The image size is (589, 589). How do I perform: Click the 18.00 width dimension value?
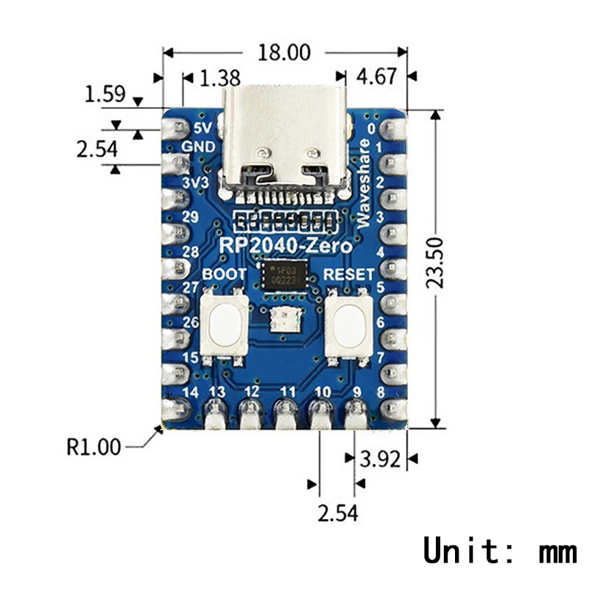[x=284, y=53]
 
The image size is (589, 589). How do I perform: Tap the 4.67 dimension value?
[x=375, y=77]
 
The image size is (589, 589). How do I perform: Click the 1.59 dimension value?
[x=105, y=94]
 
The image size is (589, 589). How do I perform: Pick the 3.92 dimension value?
[x=379, y=459]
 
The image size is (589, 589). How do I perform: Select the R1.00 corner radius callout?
[x=94, y=447]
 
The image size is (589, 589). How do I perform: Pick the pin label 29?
[x=191, y=216]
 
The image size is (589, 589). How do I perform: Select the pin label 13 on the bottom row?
[x=218, y=391]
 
